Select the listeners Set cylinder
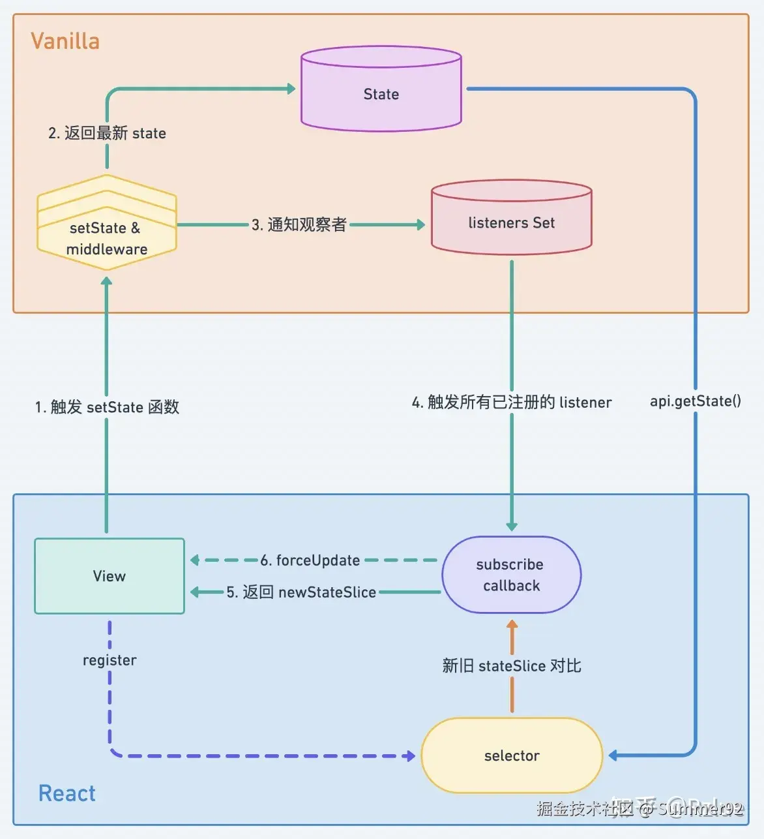[x=511, y=219]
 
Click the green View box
[x=110, y=576]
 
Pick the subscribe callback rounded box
[x=512, y=575]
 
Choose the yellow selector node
[x=512, y=755]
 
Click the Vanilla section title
[x=65, y=41]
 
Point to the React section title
[x=66, y=793]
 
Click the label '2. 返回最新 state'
[x=107, y=133]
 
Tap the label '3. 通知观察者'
[x=299, y=224]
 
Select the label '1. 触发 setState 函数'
[x=107, y=407]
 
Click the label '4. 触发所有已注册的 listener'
[x=512, y=402]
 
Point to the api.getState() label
[x=695, y=401]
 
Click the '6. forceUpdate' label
[x=310, y=560]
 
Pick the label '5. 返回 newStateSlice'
[x=301, y=592]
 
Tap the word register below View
[x=110, y=660]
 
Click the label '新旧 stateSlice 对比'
[x=512, y=666]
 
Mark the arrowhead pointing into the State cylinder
[x=291, y=89]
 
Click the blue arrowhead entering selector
[x=613, y=755]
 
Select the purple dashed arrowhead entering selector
[x=410, y=756]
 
